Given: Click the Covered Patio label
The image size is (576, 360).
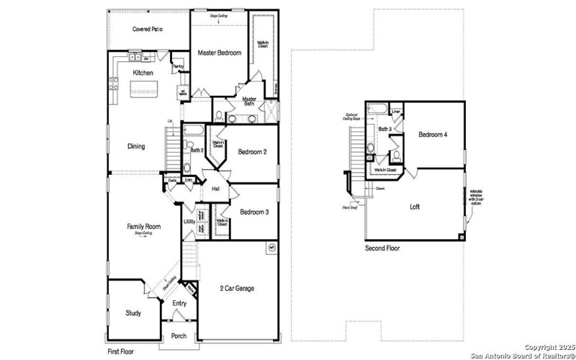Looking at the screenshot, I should coord(146,30).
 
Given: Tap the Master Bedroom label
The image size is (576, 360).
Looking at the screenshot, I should coord(219,53).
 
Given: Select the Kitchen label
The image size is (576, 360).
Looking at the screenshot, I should coord(143,73).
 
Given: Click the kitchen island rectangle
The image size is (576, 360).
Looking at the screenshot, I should coord(143,89).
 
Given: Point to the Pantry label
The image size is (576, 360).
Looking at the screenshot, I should coord(178,67).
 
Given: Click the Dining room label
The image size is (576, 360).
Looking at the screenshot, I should coord(136,146).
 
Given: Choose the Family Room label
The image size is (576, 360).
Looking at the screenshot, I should coord(144,226).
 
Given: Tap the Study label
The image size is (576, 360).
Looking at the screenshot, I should coord(133,313).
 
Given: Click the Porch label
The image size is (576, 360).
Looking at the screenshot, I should coord(179,336).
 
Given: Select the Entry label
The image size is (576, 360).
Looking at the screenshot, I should coord(179,303).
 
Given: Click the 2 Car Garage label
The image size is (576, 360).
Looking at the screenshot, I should coord(237,289).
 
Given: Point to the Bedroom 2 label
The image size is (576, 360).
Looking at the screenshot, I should coord(253,152).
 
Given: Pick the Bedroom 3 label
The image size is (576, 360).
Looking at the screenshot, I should coord(254,212).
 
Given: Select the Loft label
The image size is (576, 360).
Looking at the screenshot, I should coord(415,206).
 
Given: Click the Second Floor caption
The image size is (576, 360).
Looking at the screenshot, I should coord(382,248).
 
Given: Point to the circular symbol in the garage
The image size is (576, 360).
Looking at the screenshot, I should coord(271,248).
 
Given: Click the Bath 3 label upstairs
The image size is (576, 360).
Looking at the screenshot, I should coord(384,129).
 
